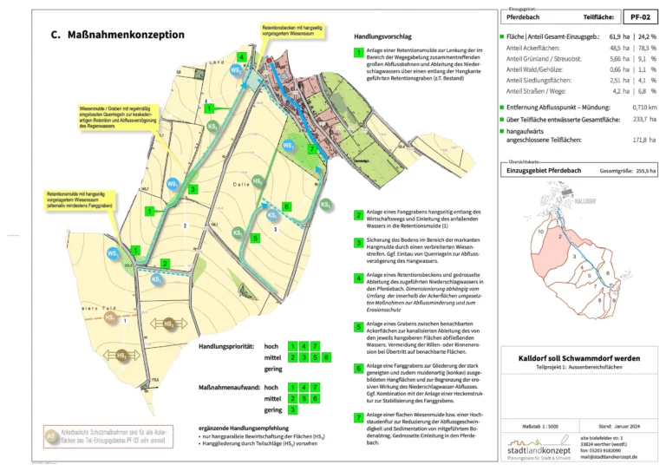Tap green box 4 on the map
pos(241,57)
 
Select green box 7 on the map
pos(312,149)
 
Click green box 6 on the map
pos(286,206)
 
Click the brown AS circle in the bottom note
pos(52,434)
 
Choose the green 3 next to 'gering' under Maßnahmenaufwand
pos(292,409)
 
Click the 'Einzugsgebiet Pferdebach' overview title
pos(543,171)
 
